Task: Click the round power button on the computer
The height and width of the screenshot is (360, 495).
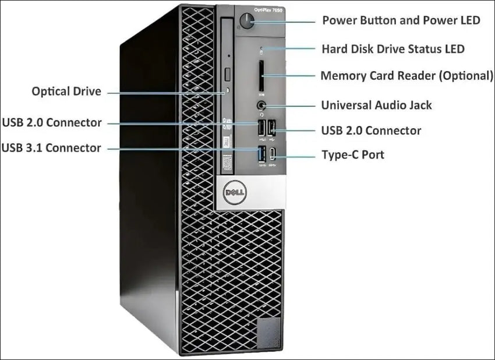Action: tap(247, 21)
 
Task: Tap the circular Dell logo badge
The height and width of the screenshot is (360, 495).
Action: tap(235, 193)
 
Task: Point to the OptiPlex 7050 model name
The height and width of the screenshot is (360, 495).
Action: tap(268, 10)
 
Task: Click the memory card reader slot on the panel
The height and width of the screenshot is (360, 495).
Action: tap(261, 76)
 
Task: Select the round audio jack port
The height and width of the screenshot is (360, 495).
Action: tap(261, 105)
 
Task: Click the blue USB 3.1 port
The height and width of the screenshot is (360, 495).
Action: tap(262, 154)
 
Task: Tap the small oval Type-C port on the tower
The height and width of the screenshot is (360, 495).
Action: tap(273, 154)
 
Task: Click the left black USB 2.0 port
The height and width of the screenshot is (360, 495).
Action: tap(261, 128)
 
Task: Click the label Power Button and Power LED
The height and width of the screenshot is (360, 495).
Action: tap(401, 20)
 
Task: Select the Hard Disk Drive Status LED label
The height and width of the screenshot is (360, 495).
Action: tap(393, 49)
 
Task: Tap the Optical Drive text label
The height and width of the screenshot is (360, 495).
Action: tap(66, 91)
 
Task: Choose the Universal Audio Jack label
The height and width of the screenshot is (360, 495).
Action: tap(376, 105)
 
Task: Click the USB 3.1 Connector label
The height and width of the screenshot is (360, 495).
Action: tap(51, 147)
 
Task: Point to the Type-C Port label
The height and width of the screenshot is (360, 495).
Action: tap(353, 155)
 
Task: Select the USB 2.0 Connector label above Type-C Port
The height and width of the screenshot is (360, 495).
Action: tap(371, 130)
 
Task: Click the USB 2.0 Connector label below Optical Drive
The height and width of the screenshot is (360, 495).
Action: tap(52, 122)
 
